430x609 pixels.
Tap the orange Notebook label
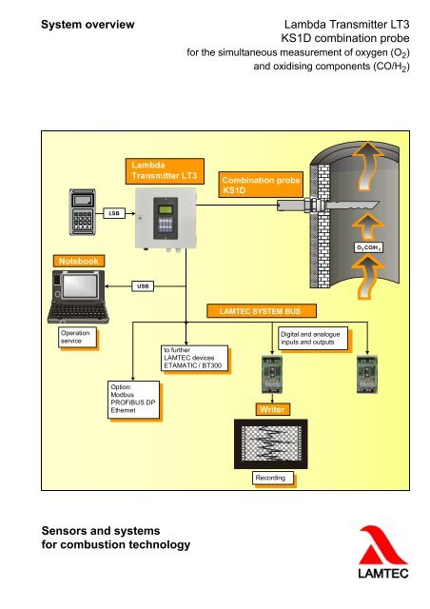[x=79, y=259]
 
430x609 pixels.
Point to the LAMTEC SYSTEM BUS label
[x=254, y=310]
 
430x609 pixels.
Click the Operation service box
[x=72, y=340]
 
